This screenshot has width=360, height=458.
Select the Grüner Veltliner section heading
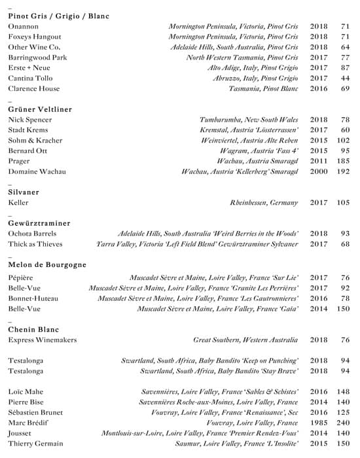click(40, 109)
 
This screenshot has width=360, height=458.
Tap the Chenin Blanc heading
click(35, 328)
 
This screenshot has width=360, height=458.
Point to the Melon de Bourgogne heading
click(47, 265)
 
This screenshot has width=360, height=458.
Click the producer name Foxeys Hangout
click(34, 37)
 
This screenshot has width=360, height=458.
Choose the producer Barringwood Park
click(38, 58)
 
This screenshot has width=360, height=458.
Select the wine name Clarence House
click(33, 88)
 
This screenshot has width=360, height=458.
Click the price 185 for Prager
click(343, 161)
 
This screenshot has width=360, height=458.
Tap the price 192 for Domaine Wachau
click(343, 171)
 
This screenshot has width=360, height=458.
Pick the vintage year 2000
click(319, 171)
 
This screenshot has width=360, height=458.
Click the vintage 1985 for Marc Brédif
click(319, 423)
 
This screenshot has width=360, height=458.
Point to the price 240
click(343, 423)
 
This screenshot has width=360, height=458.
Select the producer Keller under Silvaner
click(18, 203)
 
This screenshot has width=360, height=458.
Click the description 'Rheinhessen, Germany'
click(264, 203)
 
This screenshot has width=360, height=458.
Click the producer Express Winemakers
click(42, 340)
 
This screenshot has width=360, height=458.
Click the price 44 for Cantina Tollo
click(345, 79)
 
